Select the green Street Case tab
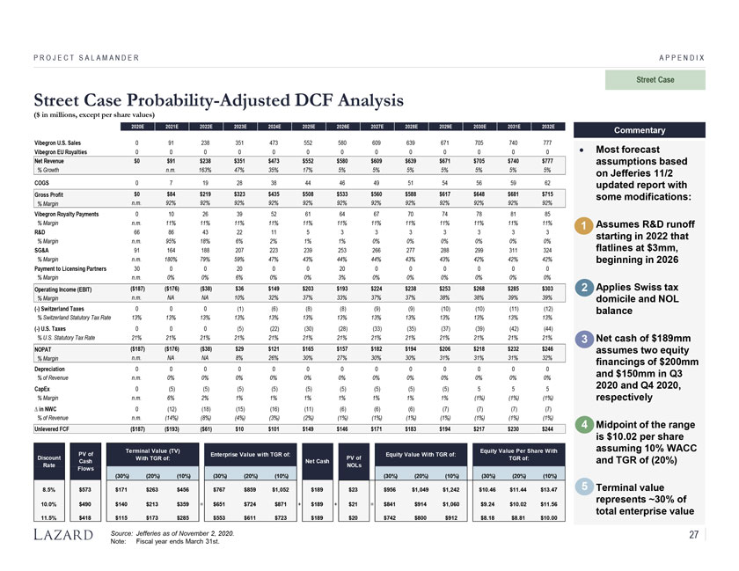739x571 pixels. click(654, 80)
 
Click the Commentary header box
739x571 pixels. click(640, 130)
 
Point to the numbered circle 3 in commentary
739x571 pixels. click(583, 340)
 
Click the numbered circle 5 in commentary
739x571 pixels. click(583, 487)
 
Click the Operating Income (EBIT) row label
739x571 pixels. click(64, 289)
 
